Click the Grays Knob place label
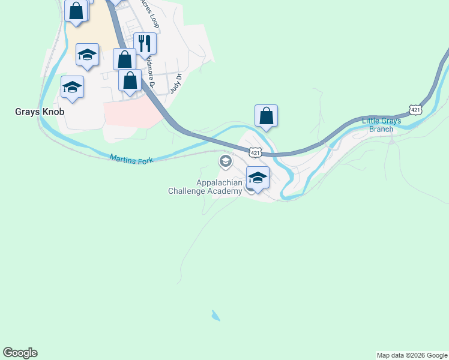coord(40,112)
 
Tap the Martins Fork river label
coord(131,158)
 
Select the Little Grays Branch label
coord(381,125)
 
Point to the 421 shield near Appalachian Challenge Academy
coord(256,152)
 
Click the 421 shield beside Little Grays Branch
coord(415,109)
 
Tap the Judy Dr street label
coord(175,83)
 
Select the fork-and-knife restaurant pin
coord(145,43)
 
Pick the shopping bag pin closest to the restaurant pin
coord(125,59)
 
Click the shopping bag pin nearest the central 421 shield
coord(266,116)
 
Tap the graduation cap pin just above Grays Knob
coord(72,88)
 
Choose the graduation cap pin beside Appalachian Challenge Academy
coord(258,178)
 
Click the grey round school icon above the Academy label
coord(226,160)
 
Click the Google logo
coord(20,353)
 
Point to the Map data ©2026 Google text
coord(412,355)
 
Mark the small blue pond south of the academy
coord(215,316)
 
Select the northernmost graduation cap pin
coord(87,55)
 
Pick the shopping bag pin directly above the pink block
coord(130,80)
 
